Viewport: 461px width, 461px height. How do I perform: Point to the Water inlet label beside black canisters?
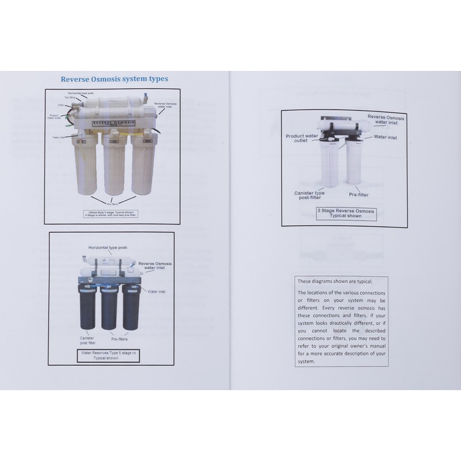pos(156,292)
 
